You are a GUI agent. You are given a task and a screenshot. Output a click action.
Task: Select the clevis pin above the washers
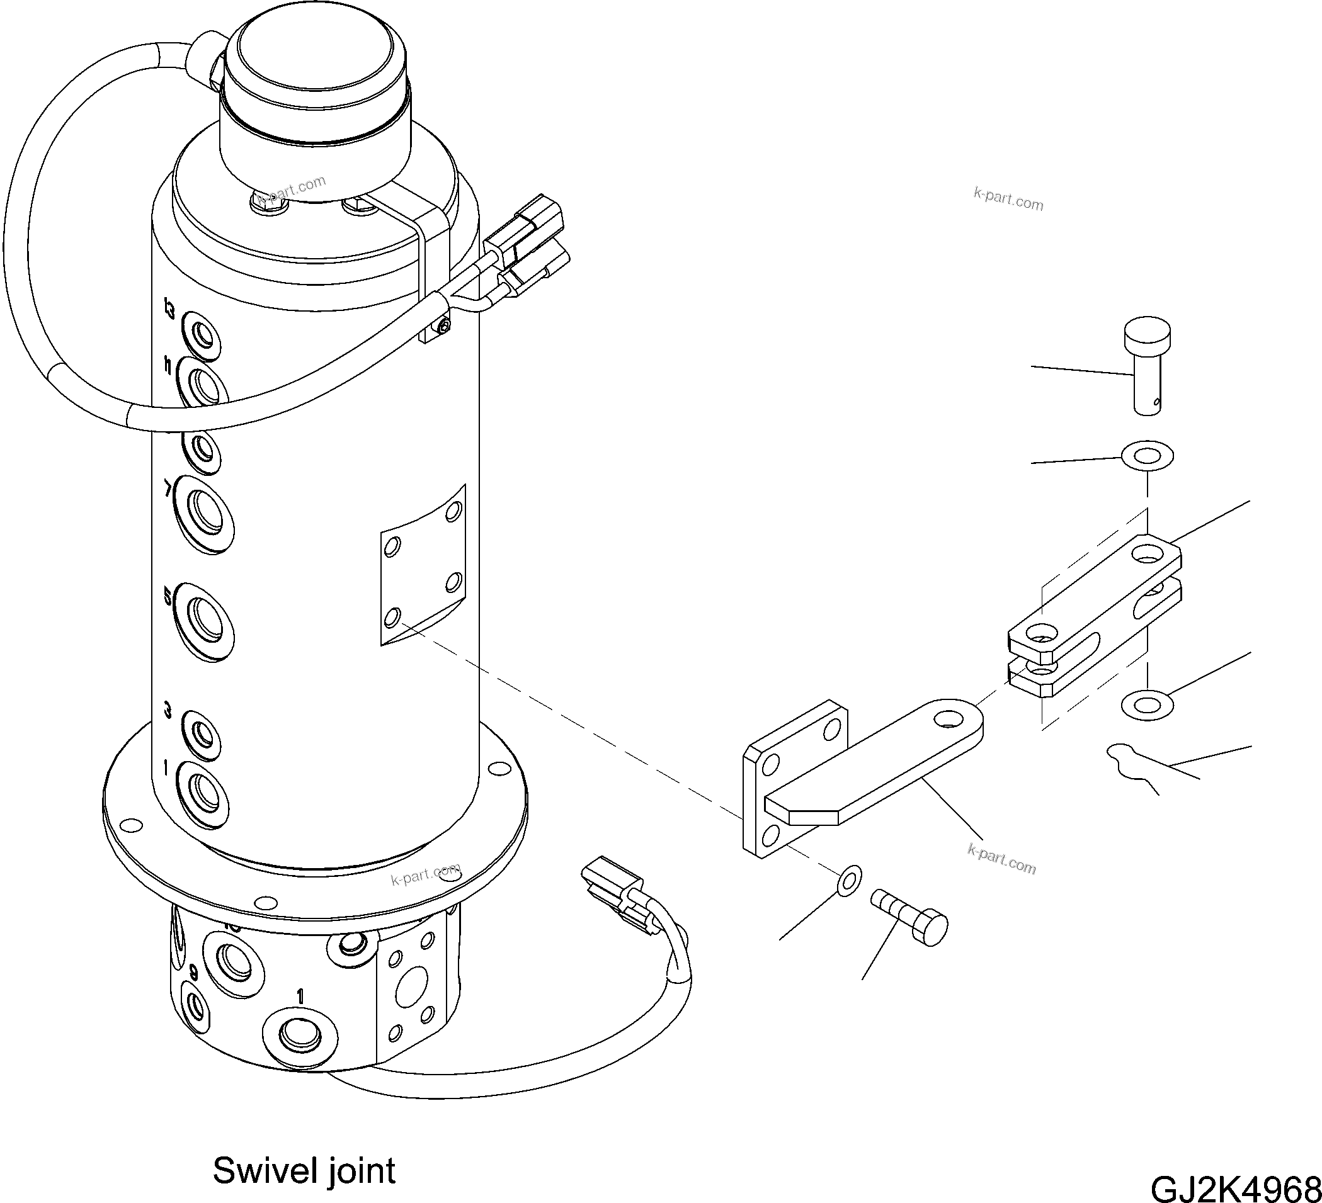1147,366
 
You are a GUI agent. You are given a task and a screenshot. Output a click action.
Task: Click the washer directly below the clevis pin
1148,455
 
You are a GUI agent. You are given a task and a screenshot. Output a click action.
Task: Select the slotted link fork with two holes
1095,616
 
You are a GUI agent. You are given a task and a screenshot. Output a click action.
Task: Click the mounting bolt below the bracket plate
910,918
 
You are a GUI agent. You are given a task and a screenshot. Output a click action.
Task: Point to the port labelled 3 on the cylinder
202,734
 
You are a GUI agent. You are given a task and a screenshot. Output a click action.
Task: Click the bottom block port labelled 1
300,1035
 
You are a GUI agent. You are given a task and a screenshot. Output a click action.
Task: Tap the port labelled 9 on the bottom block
196,1003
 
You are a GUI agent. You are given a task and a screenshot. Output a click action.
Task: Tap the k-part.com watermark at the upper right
1008,200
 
